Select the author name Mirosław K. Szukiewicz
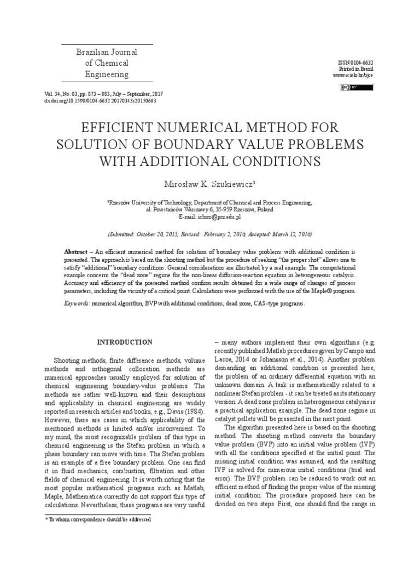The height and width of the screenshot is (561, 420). pyautogui.click(x=209, y=181)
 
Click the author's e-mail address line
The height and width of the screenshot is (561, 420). pyautogui.click(x=209, y=216)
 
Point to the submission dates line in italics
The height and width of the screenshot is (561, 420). pyautogui.click(x=209, y=233)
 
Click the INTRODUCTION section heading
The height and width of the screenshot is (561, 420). pyautogui.click(x=125, y=342)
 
